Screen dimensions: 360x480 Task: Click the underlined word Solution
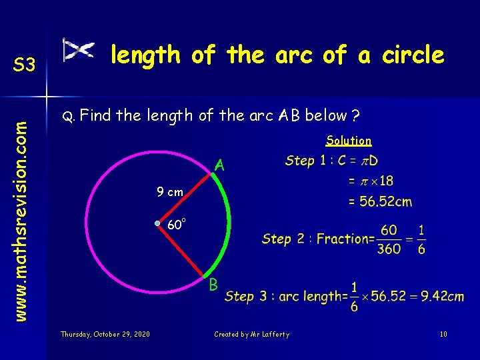click(x=349, y=141)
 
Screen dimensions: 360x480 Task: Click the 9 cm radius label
click(x=169, y=192)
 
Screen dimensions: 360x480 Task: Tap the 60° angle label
click(x=176, y=225)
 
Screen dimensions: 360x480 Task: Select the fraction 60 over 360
click(x=389, y=239)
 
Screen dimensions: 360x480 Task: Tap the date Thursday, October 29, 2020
click(x=105, y=334)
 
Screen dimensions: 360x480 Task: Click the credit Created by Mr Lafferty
click(x=251, y=334)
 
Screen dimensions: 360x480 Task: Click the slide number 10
click(x=443, y=334)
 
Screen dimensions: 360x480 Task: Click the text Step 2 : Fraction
click(x=317, y=239)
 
